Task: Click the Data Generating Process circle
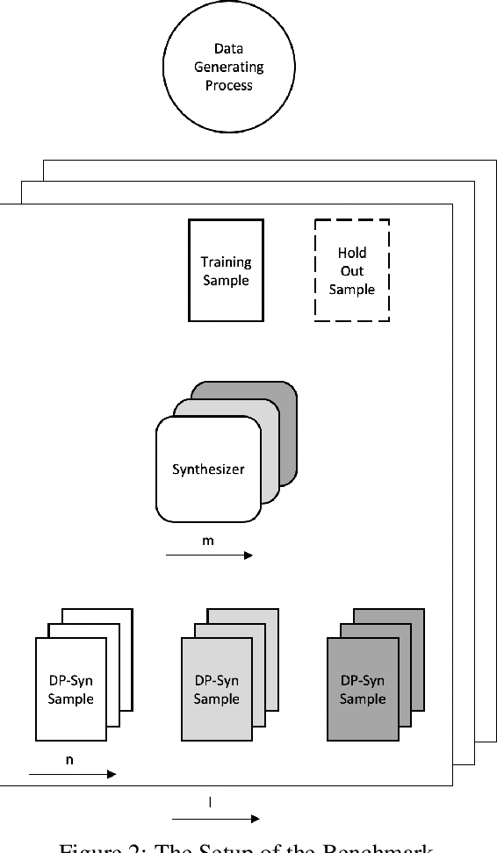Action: [x=228, y=67]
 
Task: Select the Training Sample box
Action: [x=226, y=270]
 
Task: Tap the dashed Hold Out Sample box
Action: [x=351, y=270]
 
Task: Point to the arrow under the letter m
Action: [x=208, y=556]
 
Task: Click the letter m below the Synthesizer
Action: [x=208, y=541]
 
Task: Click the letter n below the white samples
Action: [x=70, y=760]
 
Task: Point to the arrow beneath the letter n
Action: [x=72, y=774]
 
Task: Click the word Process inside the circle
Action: [x=228, y=85]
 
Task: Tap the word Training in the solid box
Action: [x=226, y=262]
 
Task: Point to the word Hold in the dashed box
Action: [x=351, y=253]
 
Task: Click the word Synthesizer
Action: [x=208, y=469]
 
